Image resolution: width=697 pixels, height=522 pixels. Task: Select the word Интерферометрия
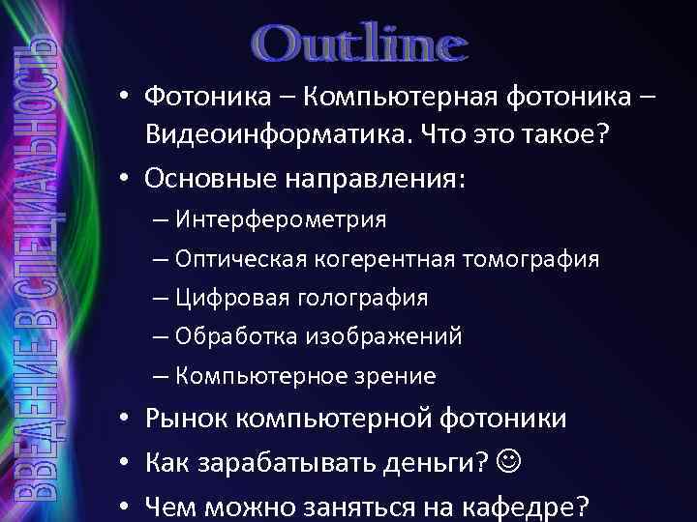pyautogui.click(x=281, y=220)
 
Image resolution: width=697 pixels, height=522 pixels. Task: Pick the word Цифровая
pyautogui.click(x=227, y=298)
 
